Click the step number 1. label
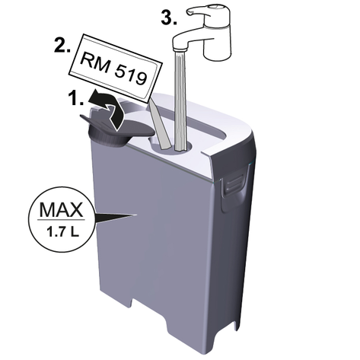tap(76, 98)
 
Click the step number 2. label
tap(62, 46)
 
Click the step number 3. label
tap(169, 18)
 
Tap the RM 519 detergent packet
tap(116, 68)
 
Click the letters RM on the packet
tap(95, 62)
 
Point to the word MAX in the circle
tap(61, 209)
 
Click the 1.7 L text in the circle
tap(62, 232)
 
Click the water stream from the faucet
tap(180, 100)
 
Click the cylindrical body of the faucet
tap(218, 40)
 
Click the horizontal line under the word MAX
tap(61, 219)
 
